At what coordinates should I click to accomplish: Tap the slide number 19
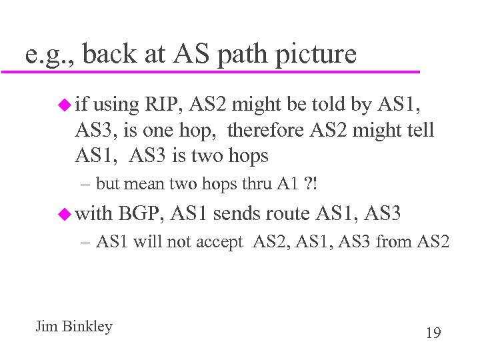pyautogui.click(x=433, y=332)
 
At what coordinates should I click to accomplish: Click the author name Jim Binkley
pyautogui.click(x=73, y=327)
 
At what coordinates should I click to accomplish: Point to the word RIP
pyautogui.click(x=163, y=105)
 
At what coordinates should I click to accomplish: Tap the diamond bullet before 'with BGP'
pyautogui.click(x=64, y=214)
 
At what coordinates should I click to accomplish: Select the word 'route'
pyautogui.click(x=289, y=214)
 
